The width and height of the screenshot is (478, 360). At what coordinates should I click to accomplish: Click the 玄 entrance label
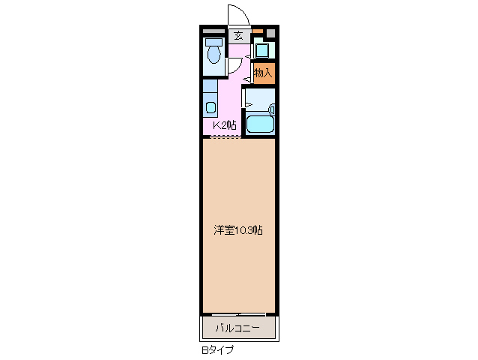coord(238,35)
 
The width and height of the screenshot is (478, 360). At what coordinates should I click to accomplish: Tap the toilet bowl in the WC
coord(214,54)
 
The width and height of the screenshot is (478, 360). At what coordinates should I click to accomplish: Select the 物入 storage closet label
coord(263,73)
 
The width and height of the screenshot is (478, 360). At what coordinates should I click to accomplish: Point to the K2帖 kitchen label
coord(224,125)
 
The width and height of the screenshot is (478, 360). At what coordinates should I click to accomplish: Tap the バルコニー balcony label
coord(238,328)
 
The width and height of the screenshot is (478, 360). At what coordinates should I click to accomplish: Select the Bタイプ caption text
coord(217,350)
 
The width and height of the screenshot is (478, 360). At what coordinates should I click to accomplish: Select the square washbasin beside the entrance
coord(263,51)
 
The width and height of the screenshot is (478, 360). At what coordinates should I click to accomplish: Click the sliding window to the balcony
coord(238,313)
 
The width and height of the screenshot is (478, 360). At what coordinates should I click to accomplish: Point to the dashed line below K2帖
coord(224,136)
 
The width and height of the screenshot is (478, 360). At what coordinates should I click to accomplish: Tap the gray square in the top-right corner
coord(270,33)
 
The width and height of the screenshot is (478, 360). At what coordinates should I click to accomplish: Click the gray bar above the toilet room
coord(214,31)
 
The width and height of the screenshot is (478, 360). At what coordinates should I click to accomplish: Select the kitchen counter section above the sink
coord(210,85)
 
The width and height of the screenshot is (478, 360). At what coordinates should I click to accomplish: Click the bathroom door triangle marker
coord(248,105)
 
